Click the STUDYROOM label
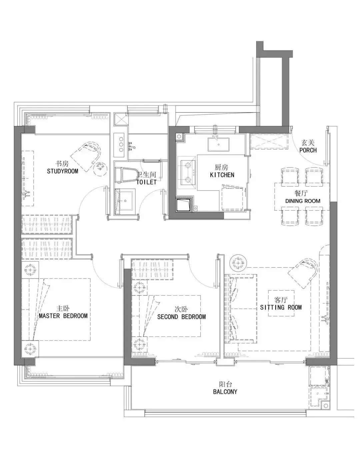tap(62, 171)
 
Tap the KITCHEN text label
tap(222, 175)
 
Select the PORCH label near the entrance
tap(308, 150)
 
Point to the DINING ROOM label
tap(303, 201)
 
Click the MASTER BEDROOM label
tap(63, 316)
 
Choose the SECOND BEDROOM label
tap(181, 317)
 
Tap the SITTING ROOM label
tap(281, 307)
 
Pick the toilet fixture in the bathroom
tap(126, 175)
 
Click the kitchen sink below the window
tap(218, 144)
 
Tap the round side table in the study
tap(100, 167)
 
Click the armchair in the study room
tap(86, 156)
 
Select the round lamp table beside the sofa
tap(238, 263)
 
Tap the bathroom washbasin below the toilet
tap(125, 200)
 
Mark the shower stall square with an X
tap(121, 120)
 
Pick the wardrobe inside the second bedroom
tap(152, 270)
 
